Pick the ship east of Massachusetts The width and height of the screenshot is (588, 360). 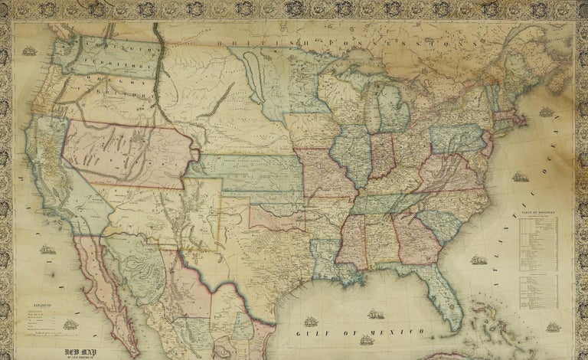[545, 112]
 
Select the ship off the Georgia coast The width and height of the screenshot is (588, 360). [480, 260]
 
